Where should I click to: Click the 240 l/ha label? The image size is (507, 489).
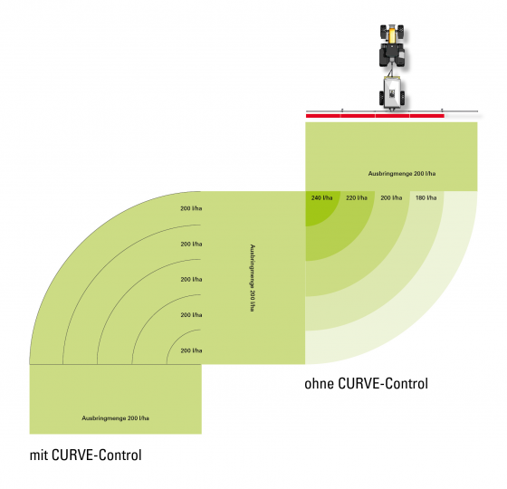pos(321,197)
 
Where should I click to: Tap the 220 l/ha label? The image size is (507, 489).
pos(357,197)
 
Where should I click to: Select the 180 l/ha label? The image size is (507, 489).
pos(426,197)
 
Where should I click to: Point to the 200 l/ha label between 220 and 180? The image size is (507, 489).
pos(391,197)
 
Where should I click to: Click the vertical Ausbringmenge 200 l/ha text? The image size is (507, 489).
pos(253,278)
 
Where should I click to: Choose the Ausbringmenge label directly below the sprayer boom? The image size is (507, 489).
pos(402,174)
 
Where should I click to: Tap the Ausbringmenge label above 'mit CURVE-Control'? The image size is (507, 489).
pos(116,418)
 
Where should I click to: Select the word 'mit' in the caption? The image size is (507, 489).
pos(39,455)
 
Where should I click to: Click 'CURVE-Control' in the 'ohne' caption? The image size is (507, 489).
pos(383,384)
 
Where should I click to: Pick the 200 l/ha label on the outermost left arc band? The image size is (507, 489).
pos(191,208)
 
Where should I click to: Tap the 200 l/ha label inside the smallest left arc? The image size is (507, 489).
pos(191,350)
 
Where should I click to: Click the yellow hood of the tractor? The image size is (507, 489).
pos(391,34)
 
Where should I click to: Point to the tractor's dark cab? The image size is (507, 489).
pos(391,53)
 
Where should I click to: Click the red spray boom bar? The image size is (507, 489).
pos(375,116)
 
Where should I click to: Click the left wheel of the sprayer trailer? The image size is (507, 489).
pos(381,98)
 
